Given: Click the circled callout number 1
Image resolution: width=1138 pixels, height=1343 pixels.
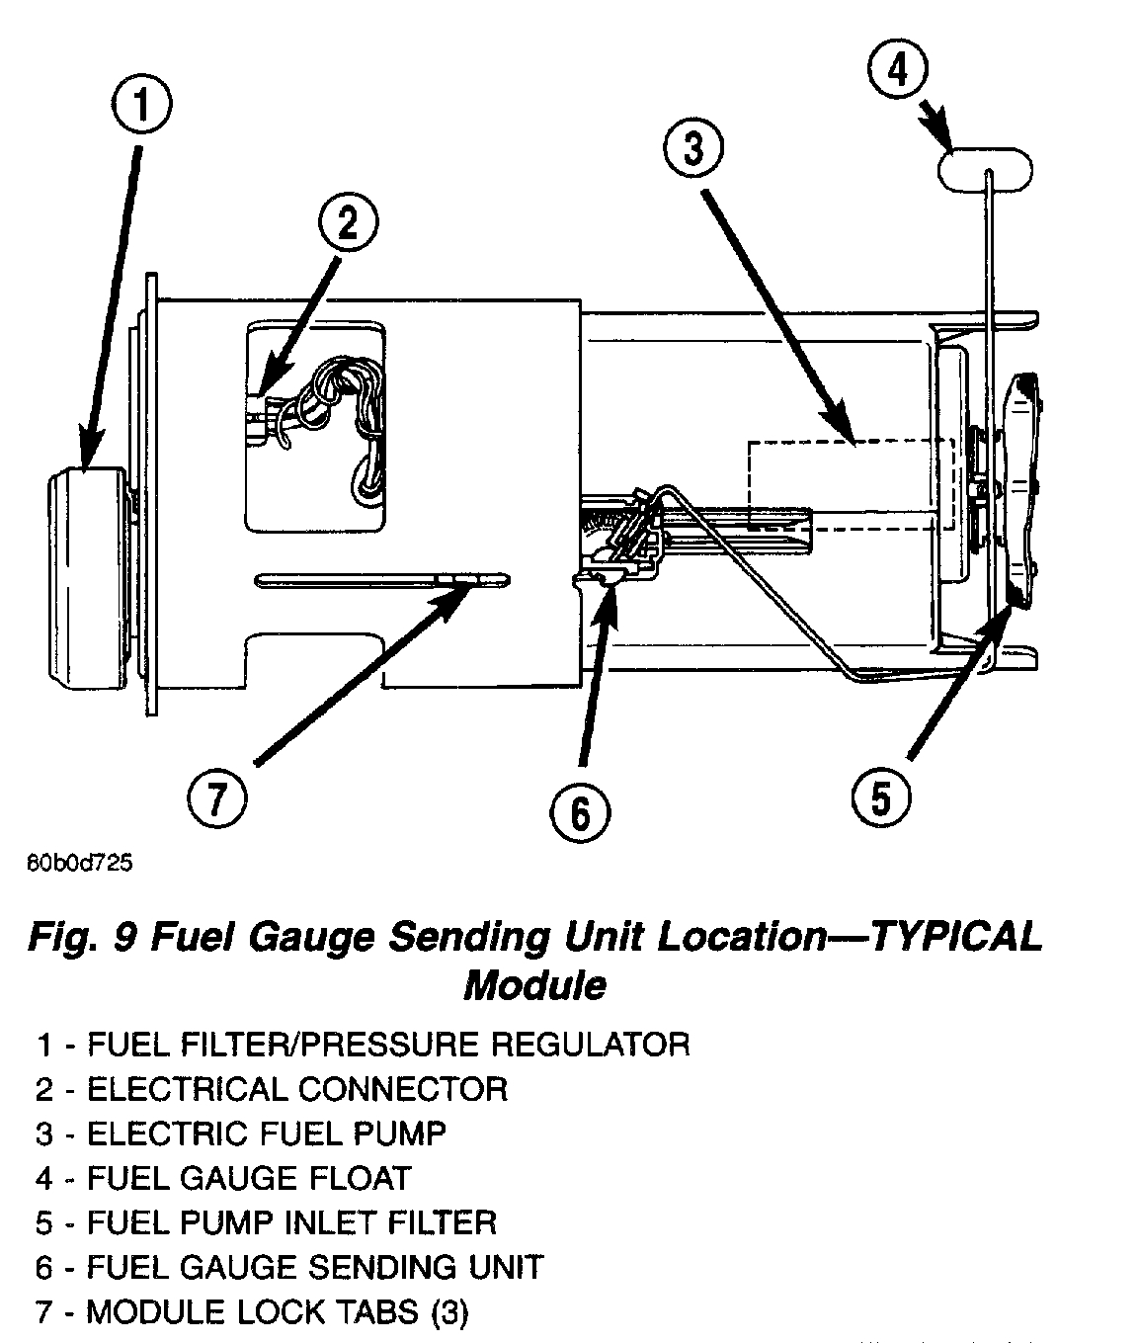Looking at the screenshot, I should (142, 106).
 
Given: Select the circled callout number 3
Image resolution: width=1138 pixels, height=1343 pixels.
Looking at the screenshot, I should (692, 149).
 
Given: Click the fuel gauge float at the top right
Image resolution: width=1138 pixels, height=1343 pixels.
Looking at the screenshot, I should (984, 169).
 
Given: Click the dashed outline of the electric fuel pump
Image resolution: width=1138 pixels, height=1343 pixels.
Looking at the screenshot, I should (850, 484).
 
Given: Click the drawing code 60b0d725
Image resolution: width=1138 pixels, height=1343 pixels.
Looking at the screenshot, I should (79, 863).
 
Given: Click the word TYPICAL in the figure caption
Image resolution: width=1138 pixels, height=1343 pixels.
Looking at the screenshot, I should (953, 937).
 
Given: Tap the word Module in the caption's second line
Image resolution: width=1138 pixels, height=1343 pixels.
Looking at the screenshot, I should (534, 984).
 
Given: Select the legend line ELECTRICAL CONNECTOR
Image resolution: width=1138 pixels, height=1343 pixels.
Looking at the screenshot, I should (296, 1089).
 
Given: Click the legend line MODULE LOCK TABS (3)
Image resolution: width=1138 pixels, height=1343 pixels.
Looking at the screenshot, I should (277, 1312).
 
